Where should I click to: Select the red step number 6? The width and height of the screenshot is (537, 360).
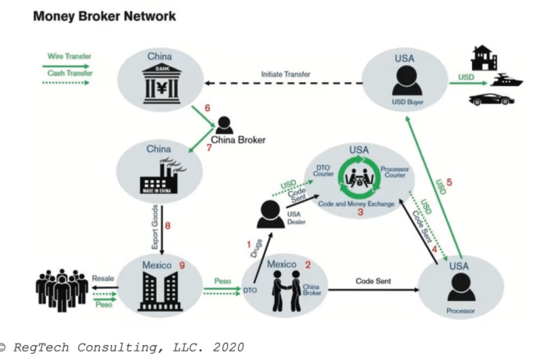click(208, 108)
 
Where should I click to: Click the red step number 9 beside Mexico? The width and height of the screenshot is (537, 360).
click(183, 266)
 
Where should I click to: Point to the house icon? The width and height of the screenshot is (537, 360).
click(484, 58)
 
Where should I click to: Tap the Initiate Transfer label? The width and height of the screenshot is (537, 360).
click(286, 75)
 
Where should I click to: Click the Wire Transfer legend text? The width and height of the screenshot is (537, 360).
click(69, 56)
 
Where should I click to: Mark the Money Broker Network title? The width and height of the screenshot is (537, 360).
click(104, 16)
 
